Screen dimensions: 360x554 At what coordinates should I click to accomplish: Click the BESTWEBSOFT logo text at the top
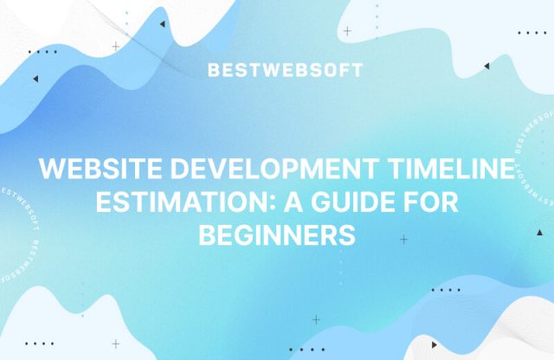coord(285,70)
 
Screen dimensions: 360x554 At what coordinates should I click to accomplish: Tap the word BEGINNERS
coord(277,234)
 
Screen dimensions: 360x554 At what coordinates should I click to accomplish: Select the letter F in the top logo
coord(344,70)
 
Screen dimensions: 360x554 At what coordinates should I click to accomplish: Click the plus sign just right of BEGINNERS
coord(403,237)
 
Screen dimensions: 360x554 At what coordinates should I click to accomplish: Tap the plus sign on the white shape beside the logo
coord(347,31)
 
